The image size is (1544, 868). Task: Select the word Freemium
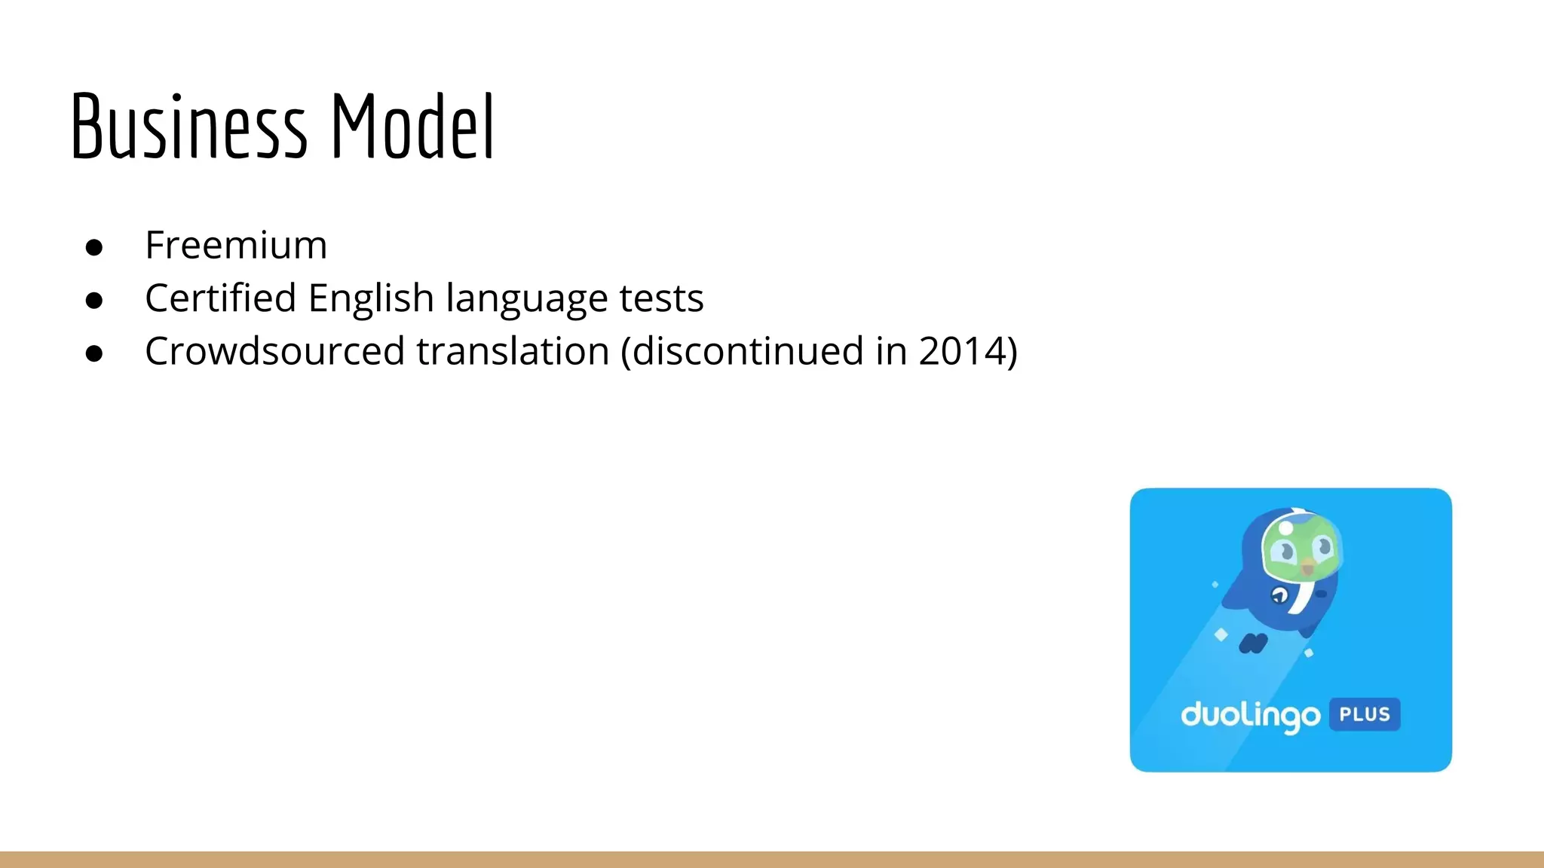click(x=236, y=246)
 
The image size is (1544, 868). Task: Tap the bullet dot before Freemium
click(x=94, y=248)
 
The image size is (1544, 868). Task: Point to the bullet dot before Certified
click(x=94, y=301)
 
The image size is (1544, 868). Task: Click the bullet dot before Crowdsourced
click(x=94, y=353)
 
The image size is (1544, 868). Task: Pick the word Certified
click(x=220, y=298)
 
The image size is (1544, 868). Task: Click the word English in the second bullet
click(x=371, y=298)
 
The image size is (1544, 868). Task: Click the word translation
click(x=513, y=351)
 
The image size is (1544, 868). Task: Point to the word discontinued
click(x=746, y=351)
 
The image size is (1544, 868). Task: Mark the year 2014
click(x=961, y=351)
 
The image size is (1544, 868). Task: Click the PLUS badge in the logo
click(x=1365, y=714)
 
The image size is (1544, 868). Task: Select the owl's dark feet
click(x=1253, y=643)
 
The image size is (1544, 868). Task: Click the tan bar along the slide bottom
click(x=772, y=860)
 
